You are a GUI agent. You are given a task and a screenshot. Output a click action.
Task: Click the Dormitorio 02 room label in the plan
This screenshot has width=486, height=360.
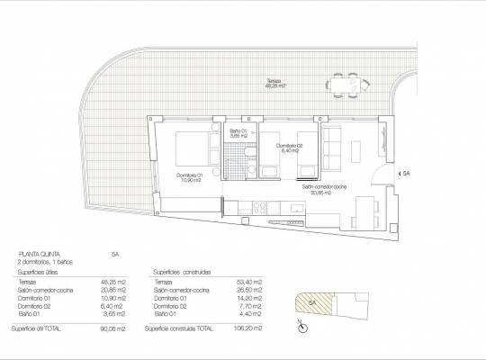tap(289, 148)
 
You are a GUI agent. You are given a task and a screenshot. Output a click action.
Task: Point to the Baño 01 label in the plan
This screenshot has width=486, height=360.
tap(238, 133)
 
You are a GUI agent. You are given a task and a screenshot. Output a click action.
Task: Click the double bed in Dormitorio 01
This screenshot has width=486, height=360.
tap(184, 149)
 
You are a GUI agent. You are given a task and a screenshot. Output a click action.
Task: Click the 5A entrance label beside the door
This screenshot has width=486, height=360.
tap(405, 174)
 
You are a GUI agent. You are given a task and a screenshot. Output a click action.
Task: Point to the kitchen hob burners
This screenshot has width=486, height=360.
tap(270, 207)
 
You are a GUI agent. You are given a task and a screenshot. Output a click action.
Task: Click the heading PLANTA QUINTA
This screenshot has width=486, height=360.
tap(38, 255)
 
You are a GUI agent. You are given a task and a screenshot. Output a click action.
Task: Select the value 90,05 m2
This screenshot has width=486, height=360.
tap(114, 329)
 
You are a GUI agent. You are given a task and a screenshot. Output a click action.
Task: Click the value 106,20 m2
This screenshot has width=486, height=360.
tap(250, 329)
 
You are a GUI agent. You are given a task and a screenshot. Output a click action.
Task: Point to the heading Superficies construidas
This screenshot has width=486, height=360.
tap(184, 272)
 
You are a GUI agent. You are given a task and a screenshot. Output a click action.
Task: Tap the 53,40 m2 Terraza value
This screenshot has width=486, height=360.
tap(250, 283)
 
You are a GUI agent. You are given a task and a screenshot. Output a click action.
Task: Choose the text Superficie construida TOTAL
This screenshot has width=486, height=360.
tap(184, 329)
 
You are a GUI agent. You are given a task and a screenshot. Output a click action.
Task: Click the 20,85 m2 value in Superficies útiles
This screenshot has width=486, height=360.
tap(114, 291)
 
